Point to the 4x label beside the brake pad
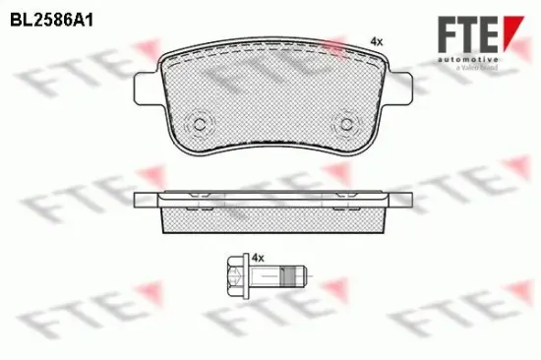[375, 40]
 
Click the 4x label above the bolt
[259, 257]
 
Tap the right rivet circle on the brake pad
[345, 125]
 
